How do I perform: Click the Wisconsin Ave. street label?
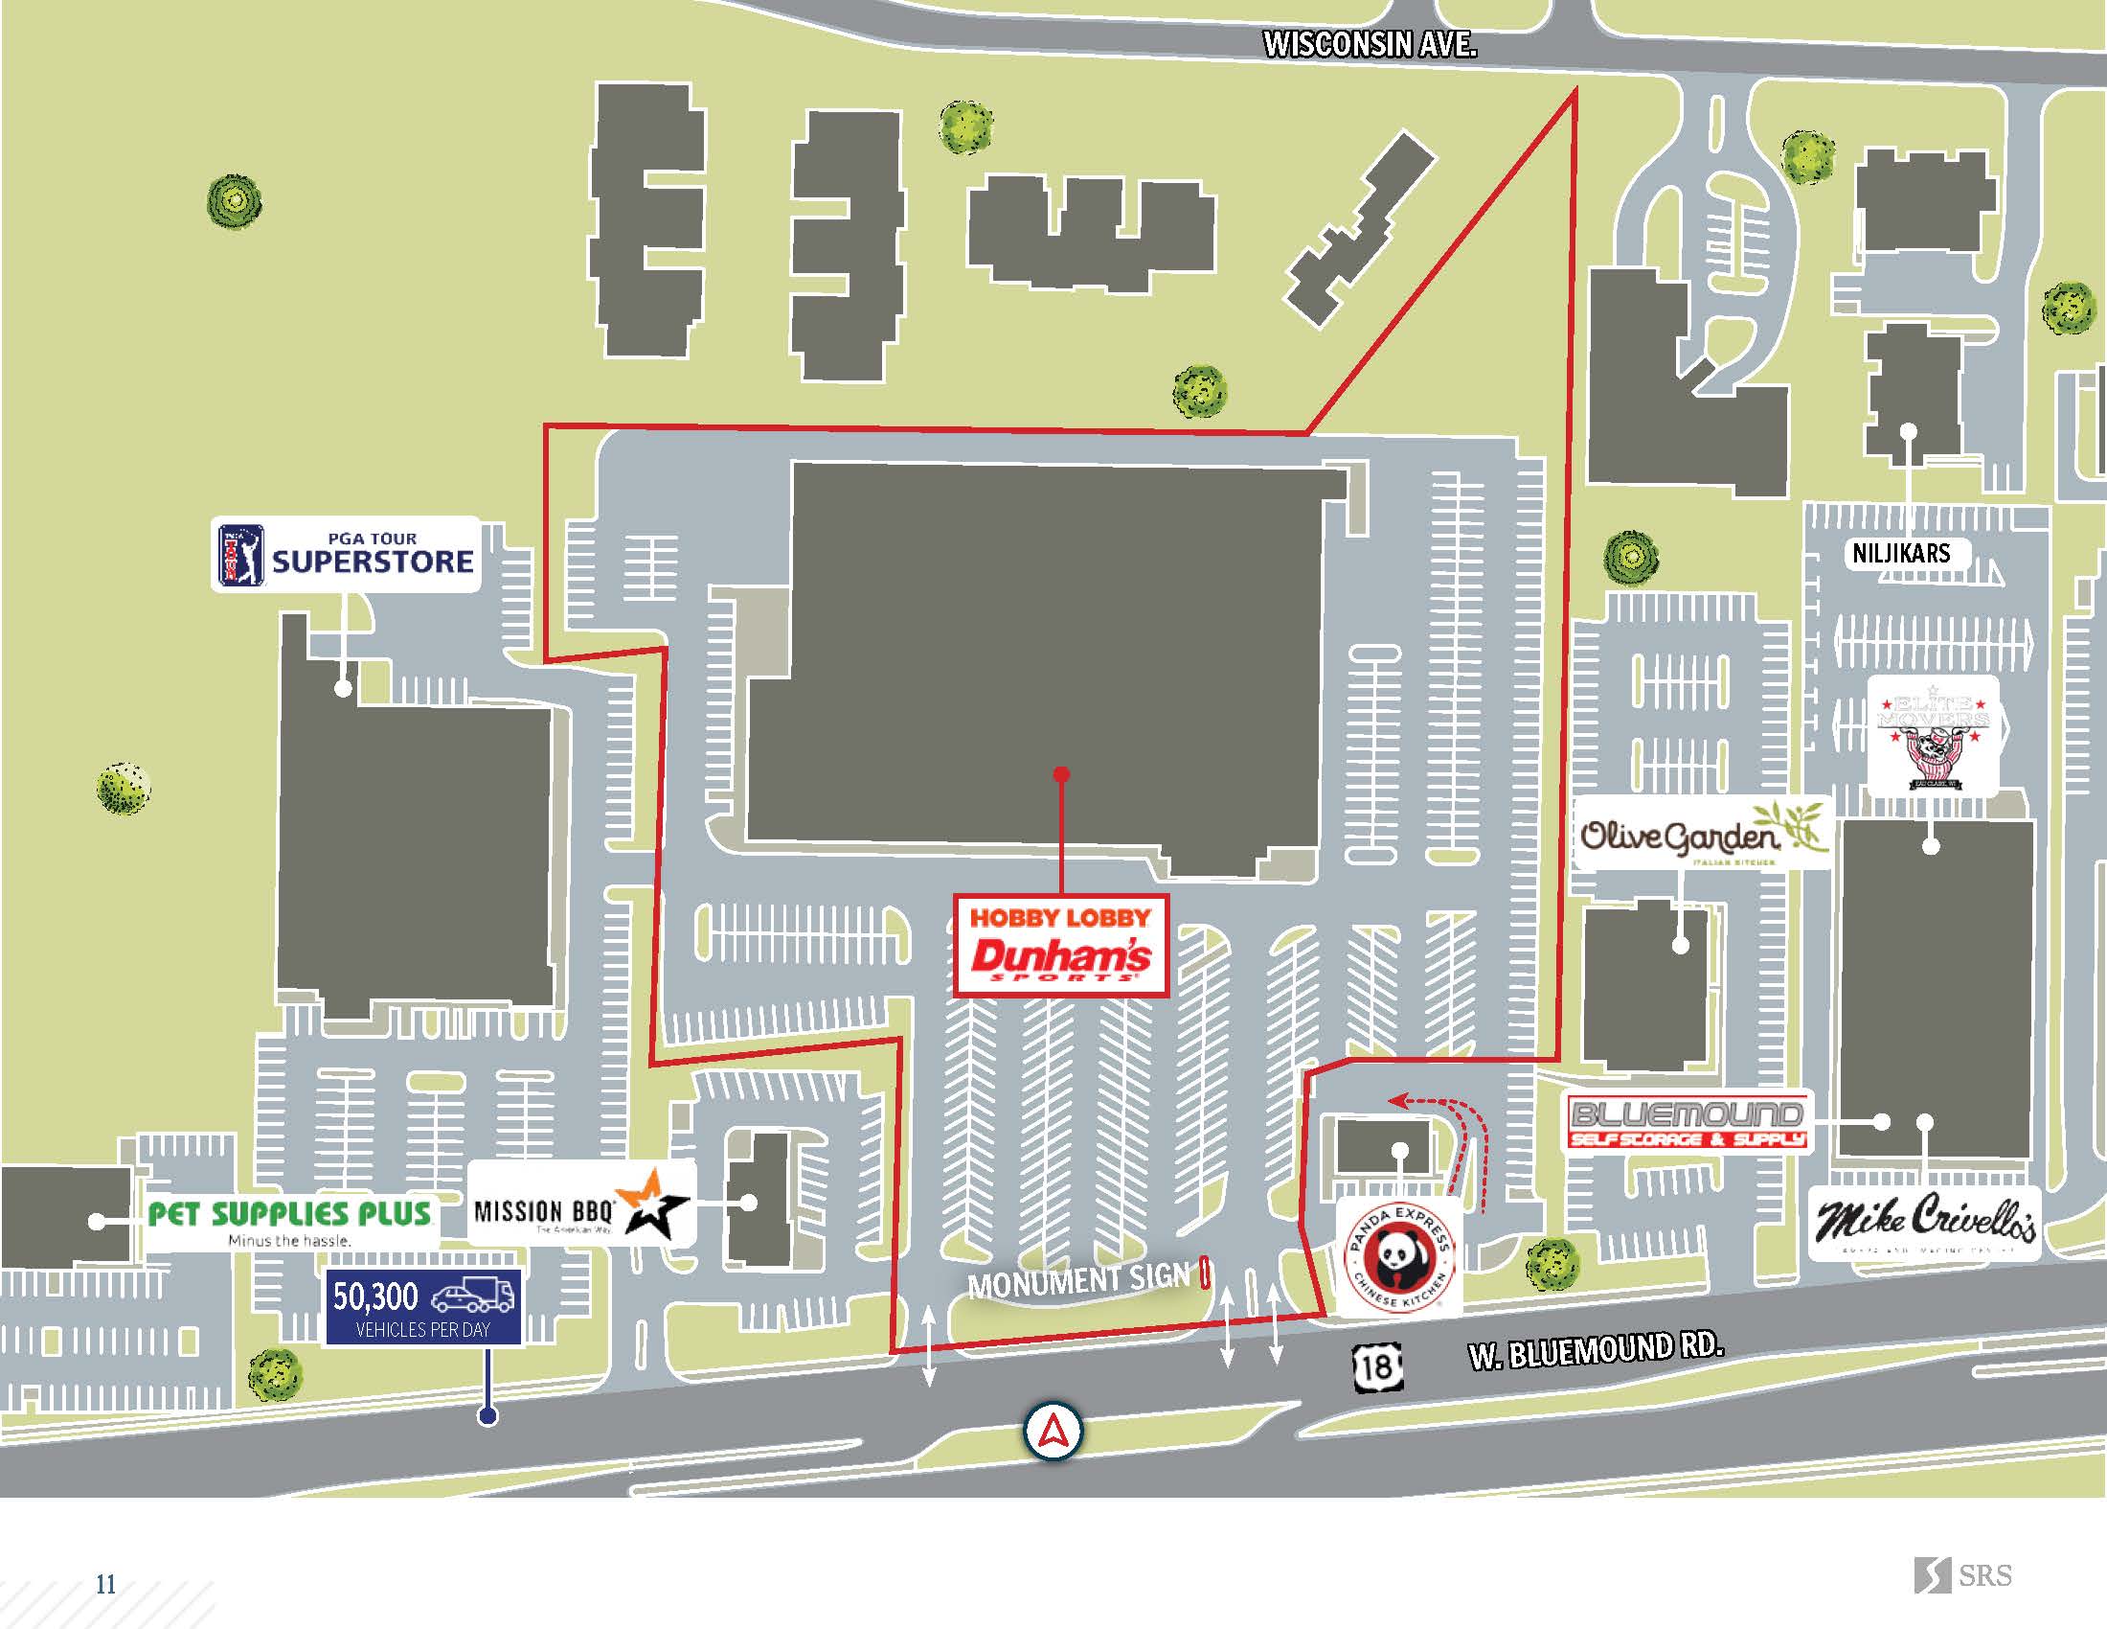coord(1369,44)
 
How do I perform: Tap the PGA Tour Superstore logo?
coord(346,554)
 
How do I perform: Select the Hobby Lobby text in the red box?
coord(1060,918)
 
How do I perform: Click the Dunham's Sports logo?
coord(1060,959)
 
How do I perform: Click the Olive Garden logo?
coord(1703,833)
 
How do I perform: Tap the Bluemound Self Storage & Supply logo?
coord(1687,1123)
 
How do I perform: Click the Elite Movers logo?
coord(1933,735)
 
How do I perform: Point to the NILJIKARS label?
coord(1900,553)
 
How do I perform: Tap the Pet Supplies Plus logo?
coord(289,1222)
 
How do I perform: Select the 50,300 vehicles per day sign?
coord(423,1307)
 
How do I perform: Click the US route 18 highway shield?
coord(1376,1366)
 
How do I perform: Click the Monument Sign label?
coord(1078,1280)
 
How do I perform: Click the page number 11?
coord(105,1584)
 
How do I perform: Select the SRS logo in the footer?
coord(1962,1575)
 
